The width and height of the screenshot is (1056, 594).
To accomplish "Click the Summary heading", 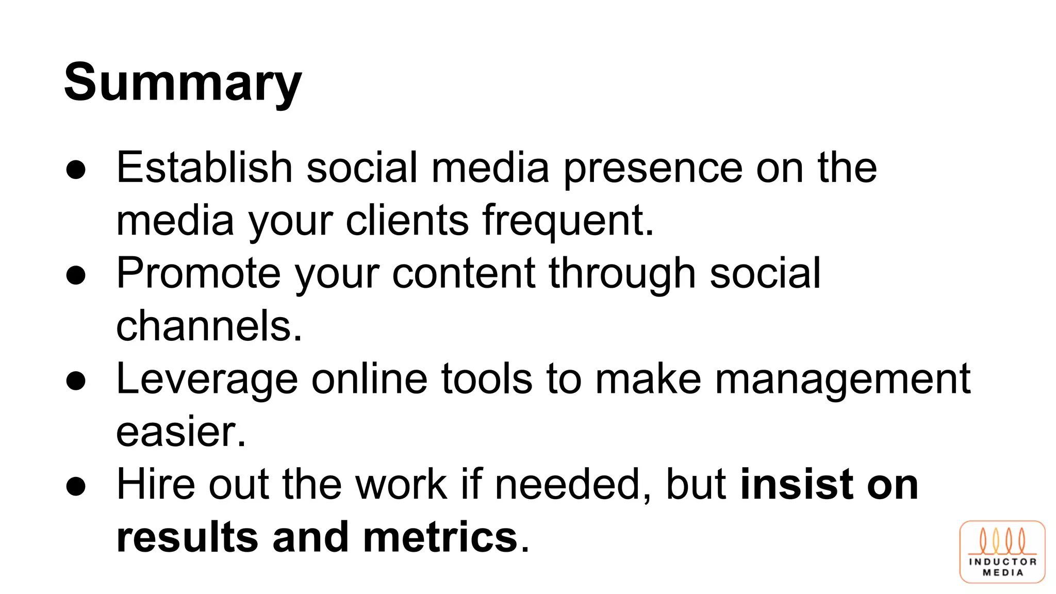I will [x=183, y=82].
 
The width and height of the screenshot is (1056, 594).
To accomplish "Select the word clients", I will [x=407, y=221].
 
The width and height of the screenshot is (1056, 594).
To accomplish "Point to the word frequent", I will [x=568, y=221].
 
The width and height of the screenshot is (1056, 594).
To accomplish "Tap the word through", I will [x=622, y=274].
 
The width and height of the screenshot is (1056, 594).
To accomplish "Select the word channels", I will [x=209, y=326].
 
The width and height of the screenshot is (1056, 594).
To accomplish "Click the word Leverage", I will [x=207, y=380].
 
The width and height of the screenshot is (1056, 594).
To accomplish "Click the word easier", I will [x=181, y=432].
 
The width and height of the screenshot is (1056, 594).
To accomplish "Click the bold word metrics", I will [x=440, y=537].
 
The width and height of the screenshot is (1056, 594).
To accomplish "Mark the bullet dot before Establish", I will [x=76, y=170].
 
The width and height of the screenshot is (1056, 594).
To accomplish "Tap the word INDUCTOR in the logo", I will [x=1002, y=562].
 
